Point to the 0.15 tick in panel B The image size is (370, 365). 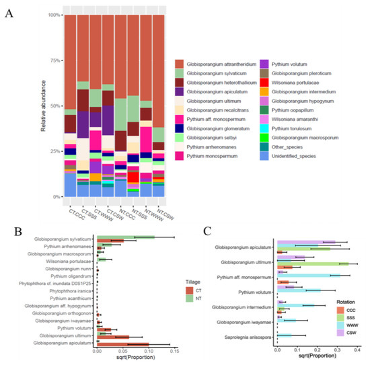click(174, 352)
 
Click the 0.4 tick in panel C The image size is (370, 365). click(357, 350)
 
